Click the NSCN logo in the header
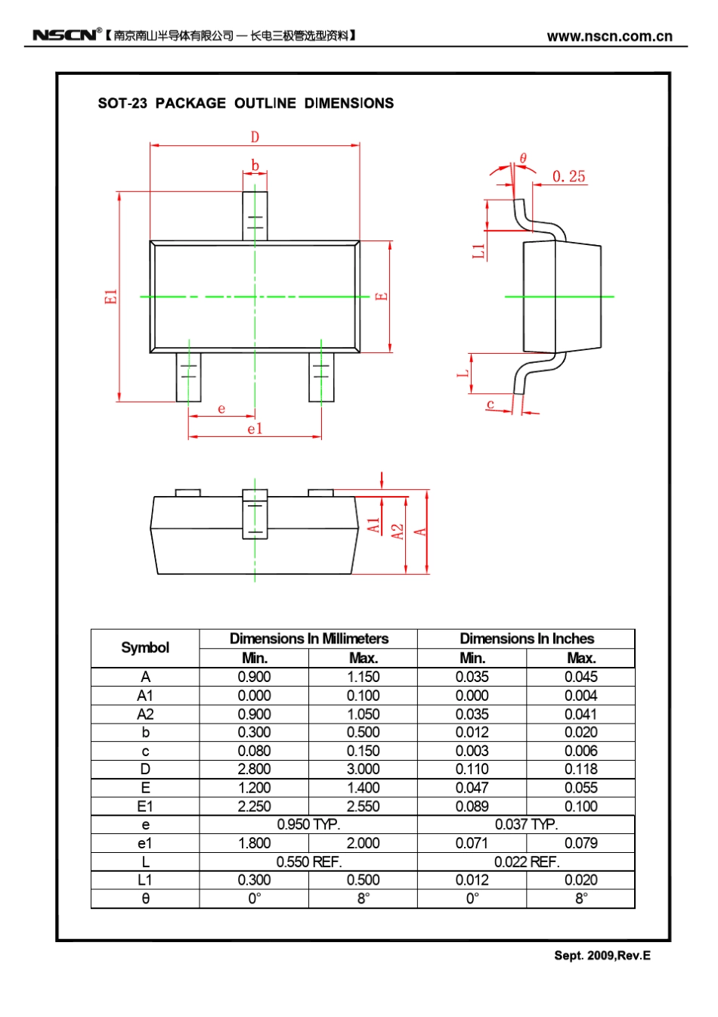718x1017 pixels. pyautogui.click(x=65, y=35)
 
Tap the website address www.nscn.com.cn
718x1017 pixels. pyautogui.click(x=609, y=36)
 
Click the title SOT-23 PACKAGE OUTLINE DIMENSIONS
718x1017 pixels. pyautogui.click(x=246, y=104)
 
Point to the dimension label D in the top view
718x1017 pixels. pyautogui.click(x=255, y=137)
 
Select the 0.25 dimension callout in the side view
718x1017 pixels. pyautogui.click(x=568, y=177)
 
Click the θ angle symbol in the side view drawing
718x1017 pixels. pyautogui.click(x=522, y=159)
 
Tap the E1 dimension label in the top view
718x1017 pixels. pyautogui.click(x=111, y=296)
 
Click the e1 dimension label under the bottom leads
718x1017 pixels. pyautogui.click(x=255, y=429)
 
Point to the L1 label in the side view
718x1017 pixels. pyautogui.click(x=478, y=251)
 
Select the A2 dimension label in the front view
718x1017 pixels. pyautogui.click(x=398, y=532)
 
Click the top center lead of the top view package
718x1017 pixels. pyautogui.click(x=255, y=215)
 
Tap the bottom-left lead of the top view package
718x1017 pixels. pyautogui.click(x=189, y=377)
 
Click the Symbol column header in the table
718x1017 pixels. pyautogui.click(x=145, y=648)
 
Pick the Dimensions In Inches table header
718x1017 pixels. pyautogui.click(x=526, y=639)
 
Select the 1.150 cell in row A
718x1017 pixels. pyautogui.click(x=363, y=677)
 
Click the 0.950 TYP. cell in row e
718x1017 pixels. pyautogui.click(x=308, y=824)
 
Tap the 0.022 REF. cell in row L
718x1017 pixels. pyautogui.click(x=526, y=861)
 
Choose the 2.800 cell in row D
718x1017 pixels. pyautogui.click(x=254, y=769)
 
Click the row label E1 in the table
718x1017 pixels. pyautogui.click(x=145, y=806)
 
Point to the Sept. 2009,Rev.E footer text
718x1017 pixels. pyautogui.click(x=602, y=956)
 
